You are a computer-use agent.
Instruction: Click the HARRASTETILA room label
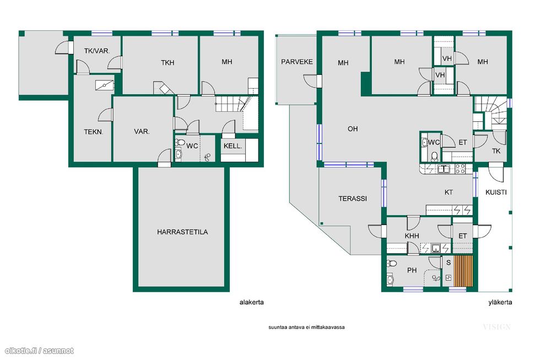(x=182, y=232)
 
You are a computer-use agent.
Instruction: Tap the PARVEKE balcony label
(x=297, y=62)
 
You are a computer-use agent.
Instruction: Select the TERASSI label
(x=353, y=198)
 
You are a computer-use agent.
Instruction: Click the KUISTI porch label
(x=496, y=192)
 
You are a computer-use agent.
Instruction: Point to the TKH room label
(x=168, y=63)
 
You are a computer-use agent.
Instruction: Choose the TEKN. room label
(x=94, y=132)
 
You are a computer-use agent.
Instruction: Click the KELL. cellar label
(x=233, y=146)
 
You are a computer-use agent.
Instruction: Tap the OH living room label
(x=353, y=129)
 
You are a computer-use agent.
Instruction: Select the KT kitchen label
(x=449, y=192)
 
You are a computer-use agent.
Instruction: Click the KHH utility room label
(x=412, y=235)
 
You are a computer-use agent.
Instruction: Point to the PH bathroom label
(x=412, y=270)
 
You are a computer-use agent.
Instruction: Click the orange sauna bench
(x=463, y=271)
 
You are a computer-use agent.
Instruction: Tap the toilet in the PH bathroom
(x=391, y=264)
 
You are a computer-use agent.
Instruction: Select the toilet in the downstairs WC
(x=180, y=142)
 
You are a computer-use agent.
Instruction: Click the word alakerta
(x=252, y=302)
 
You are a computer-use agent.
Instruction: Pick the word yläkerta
(x=500, y=302)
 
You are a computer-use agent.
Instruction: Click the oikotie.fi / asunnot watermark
(x=39, y=351)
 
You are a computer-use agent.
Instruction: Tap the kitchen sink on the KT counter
(x=444, y=169)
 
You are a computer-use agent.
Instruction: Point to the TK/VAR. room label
(x=97, y=51)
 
